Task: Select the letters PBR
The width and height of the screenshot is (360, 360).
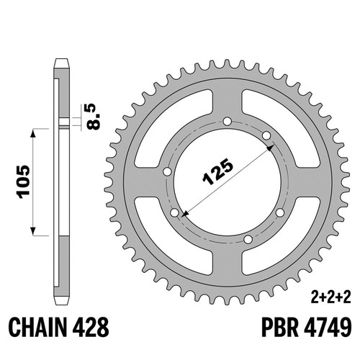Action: (280, 328)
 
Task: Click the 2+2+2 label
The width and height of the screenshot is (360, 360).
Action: (331, 298)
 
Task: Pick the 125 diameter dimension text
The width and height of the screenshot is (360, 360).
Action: (217, 172)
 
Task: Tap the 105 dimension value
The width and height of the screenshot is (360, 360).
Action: (23, 182)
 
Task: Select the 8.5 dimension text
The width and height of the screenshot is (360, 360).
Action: (93, 117)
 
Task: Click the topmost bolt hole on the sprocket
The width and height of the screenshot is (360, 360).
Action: (227, 122)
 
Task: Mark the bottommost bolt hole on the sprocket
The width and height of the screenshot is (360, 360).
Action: (248, 239)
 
